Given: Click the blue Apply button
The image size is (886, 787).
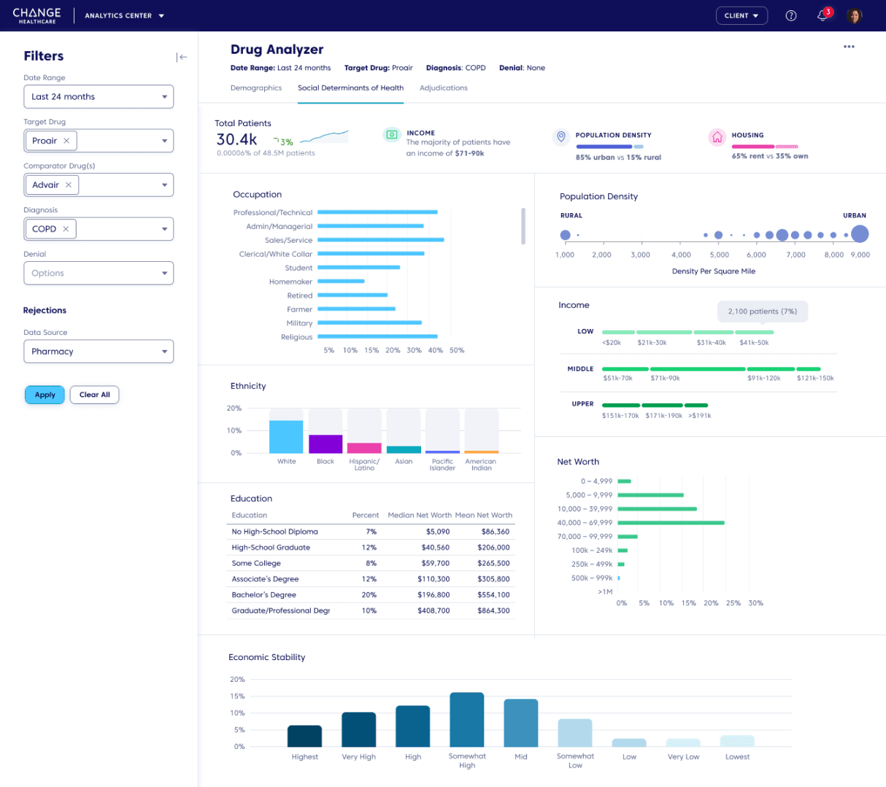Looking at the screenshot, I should [45, 395].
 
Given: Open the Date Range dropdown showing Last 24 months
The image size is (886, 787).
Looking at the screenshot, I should [99, 97].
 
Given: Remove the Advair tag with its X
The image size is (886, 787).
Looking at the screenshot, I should [69, 185].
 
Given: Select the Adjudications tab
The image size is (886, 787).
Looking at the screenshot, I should [443, 88].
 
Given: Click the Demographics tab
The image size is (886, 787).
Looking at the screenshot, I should [256, 88].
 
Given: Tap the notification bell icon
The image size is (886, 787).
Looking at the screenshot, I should [823, 15].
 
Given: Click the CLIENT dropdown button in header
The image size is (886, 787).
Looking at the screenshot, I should [741, 15].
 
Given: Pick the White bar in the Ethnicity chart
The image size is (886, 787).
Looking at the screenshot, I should [286, 437].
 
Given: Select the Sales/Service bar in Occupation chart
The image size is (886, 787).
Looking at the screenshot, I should [380, 240].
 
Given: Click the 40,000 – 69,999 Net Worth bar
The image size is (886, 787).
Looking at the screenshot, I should [671, 523].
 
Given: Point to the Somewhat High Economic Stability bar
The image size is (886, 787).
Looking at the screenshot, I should [467, 719].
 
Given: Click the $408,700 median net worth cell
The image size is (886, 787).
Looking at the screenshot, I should [434, 610].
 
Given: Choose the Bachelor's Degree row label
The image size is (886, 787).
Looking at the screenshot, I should [264, 595].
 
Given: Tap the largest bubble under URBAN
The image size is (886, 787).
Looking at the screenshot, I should [860, 234].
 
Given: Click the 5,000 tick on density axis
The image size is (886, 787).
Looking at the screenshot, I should [720, 255].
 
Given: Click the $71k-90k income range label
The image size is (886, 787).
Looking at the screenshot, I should [665, 379].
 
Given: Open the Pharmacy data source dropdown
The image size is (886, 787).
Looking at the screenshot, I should [99, 352].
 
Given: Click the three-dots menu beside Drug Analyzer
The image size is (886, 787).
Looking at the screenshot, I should [849, 47].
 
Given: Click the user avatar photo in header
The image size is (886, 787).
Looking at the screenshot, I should [855, 15].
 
